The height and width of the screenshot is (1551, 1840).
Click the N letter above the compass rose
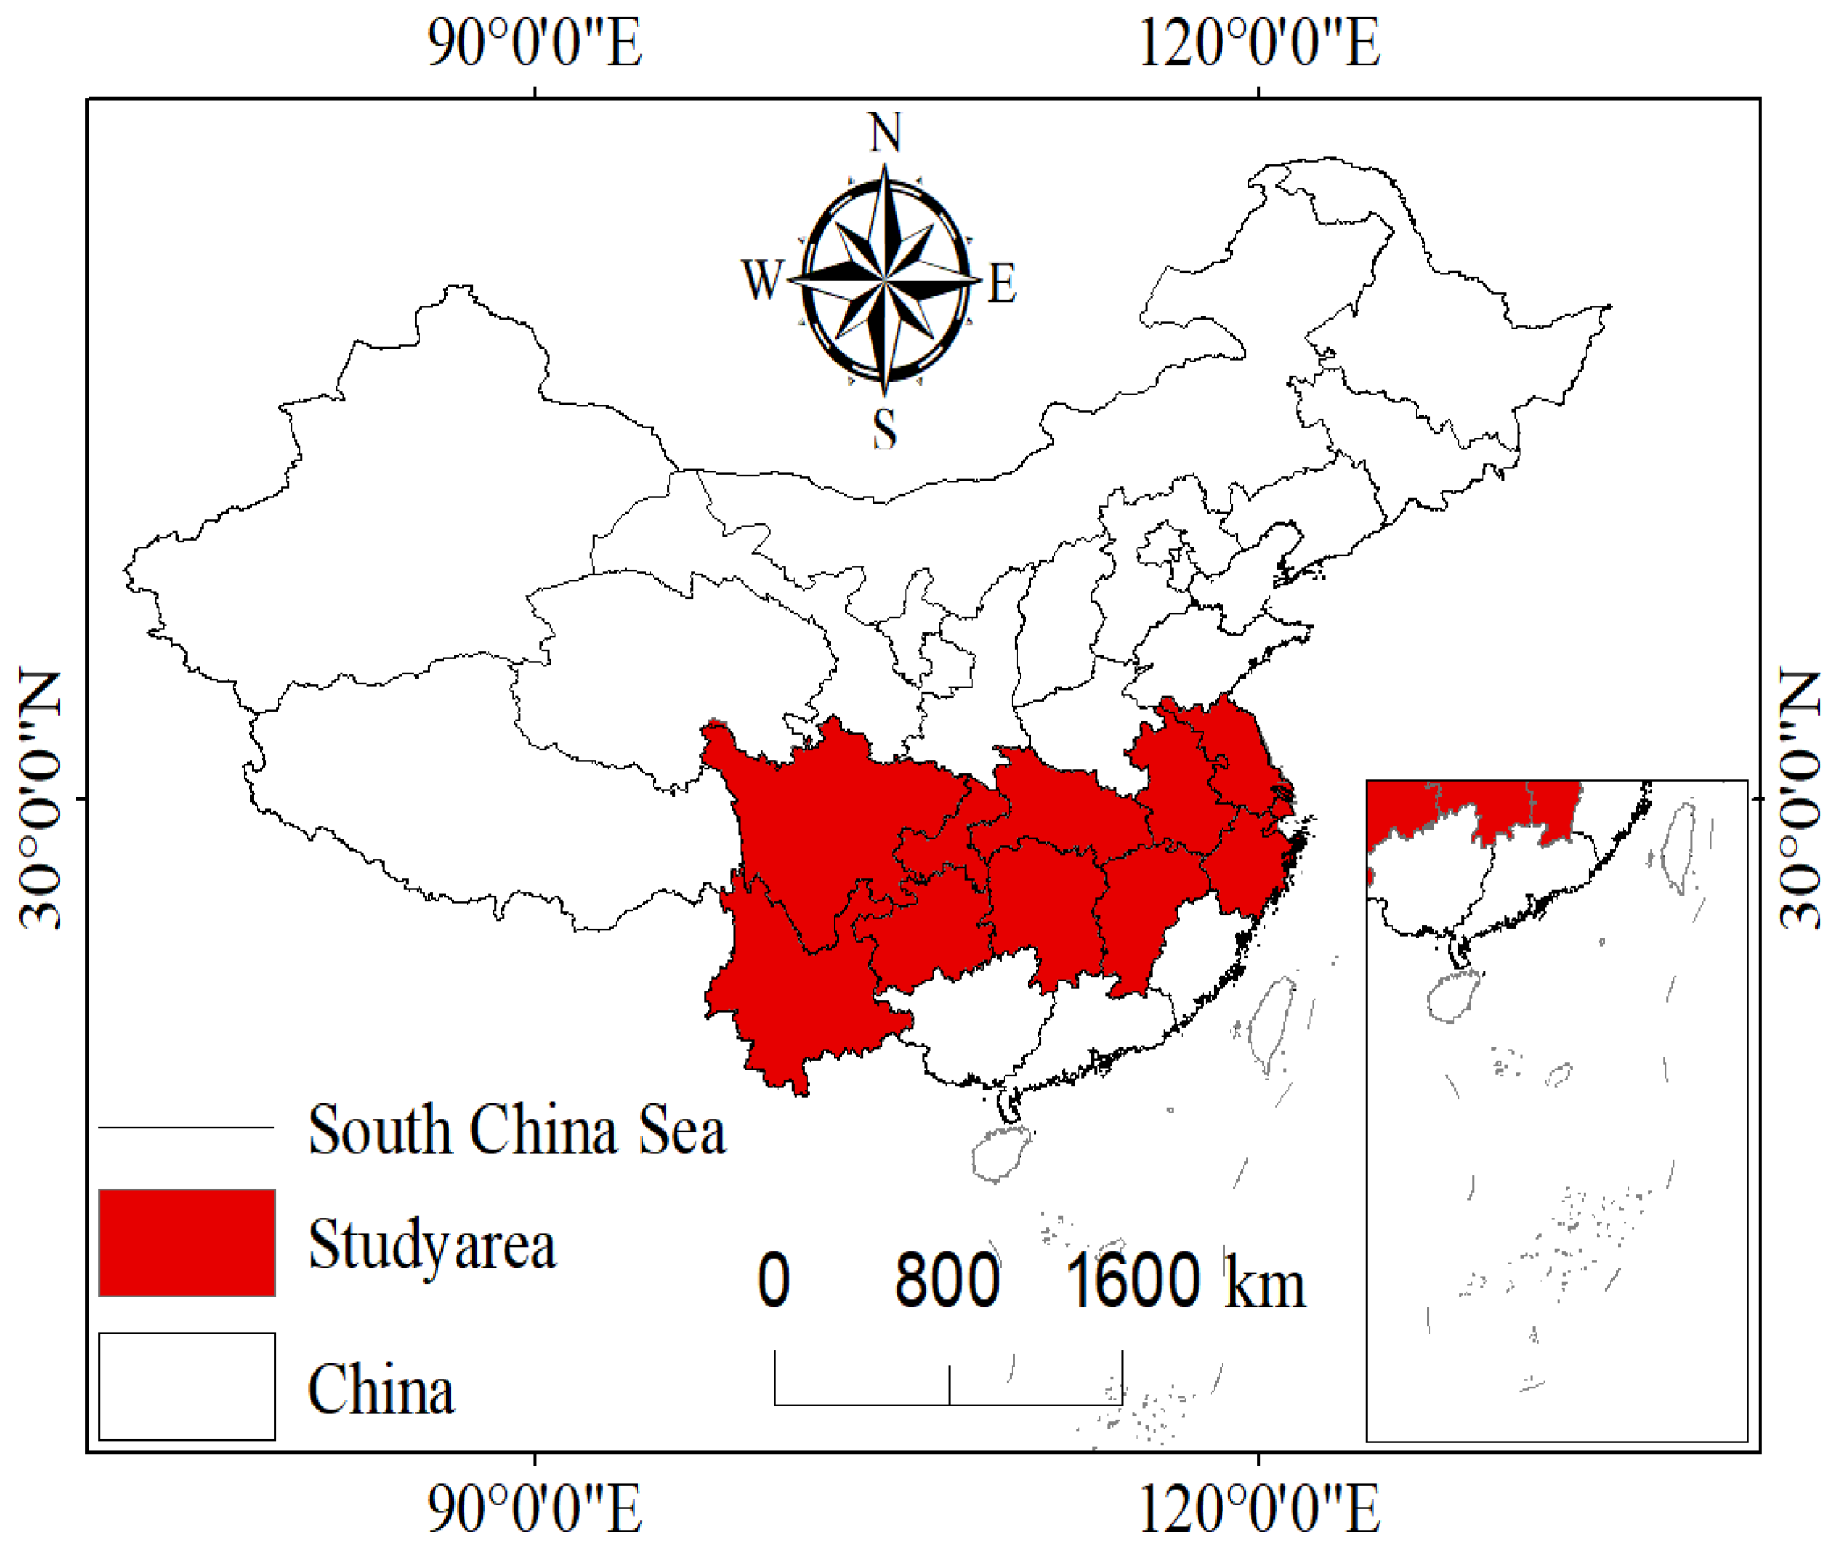(x=885, y=133)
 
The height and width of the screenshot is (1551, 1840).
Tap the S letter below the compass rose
(x=885, y=429)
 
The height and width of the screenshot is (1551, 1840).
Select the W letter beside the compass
(x=761, y=280)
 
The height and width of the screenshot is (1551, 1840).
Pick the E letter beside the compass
(x=1002, y=283)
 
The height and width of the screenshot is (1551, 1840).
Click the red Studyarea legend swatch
(x=187, y=1243)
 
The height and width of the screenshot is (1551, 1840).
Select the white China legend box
(x=187, y=1387)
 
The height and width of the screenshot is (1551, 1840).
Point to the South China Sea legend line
(x=187, y=1127)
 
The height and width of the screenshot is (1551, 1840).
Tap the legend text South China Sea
(x=517, y=1130)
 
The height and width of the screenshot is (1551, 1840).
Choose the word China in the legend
(x=381, y=1389)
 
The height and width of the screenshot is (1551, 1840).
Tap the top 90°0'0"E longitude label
(x=534, y=42)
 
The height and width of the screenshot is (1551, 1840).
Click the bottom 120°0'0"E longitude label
(x=1259, y=1509)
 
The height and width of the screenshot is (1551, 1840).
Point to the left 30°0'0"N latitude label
(x=39, y=798)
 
